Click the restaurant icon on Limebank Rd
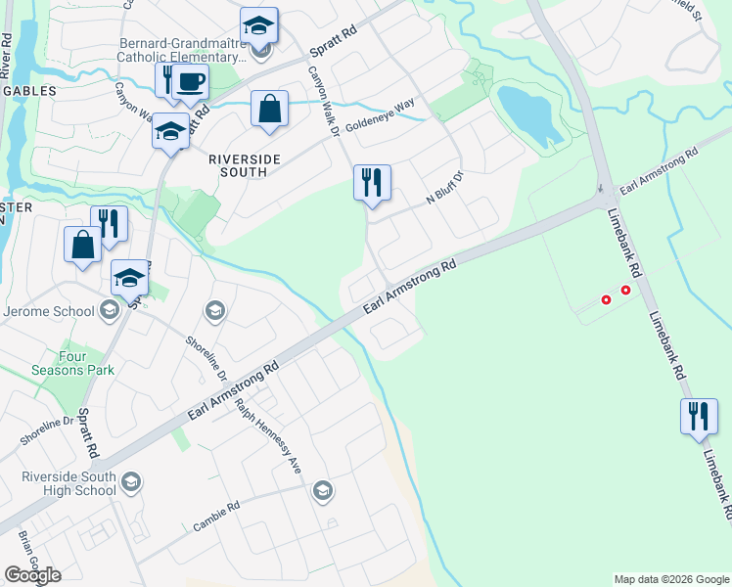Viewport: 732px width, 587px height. pyautogui.click(x=698, y=417)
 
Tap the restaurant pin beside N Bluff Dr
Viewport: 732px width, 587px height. pyautogui.click(x=372, y=183)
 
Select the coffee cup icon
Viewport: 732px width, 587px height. pyautogui.click(x=192, y=82)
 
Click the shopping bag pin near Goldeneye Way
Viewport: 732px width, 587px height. pyautogui.click(x=269, y=110)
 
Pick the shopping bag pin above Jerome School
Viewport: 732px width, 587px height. pyautogui.click(x=83, y=245)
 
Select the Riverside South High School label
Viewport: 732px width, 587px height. pyautogui.click(x=69, y=483)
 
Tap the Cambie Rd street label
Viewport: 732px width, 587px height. pyautogui.click(x=216, y=517)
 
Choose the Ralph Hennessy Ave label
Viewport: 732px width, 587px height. pyautogui.click(x=267, y=434)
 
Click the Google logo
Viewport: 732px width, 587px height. pyautogui.click(x=32, y=575)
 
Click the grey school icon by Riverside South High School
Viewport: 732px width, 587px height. pyautogui.click(x=131, y=482)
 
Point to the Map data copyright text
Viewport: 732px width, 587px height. pyautogui.click(x=671, y=579)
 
